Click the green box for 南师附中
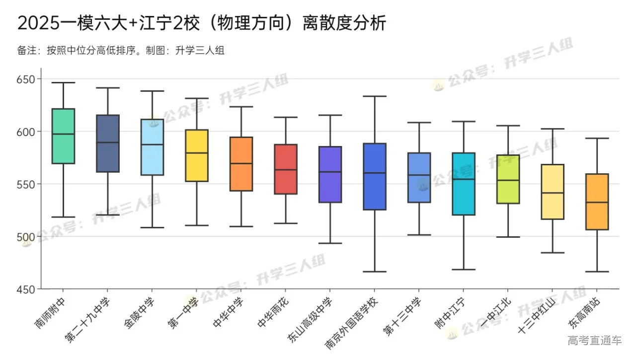64,136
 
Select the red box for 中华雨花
286,169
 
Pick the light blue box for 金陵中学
152,147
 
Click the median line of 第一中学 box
197,153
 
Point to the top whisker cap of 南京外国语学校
375,96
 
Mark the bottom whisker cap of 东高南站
597,272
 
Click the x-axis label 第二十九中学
87,320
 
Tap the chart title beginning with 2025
201,23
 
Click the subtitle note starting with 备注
121,50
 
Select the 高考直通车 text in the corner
595,340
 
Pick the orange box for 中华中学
241,164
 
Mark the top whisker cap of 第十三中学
419,123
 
